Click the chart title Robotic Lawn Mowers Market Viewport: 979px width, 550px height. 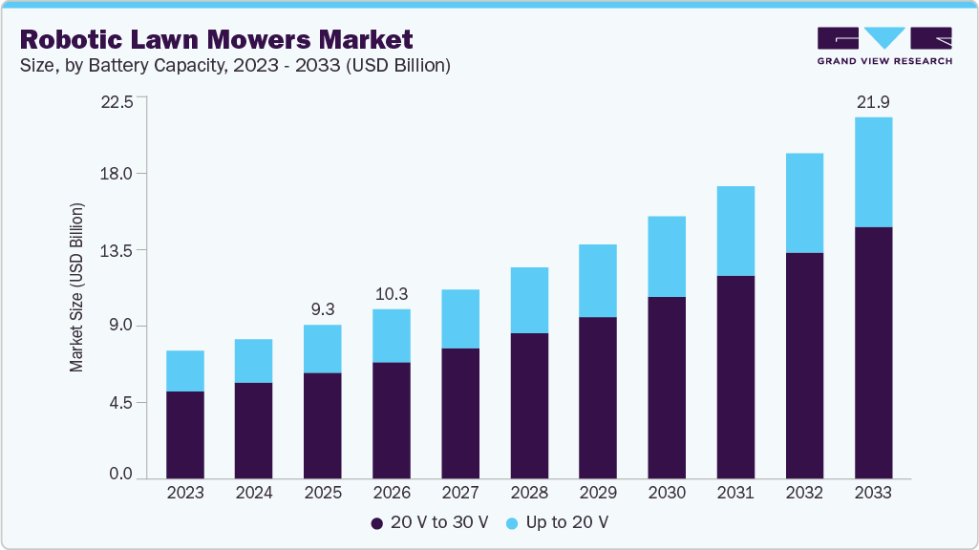[x=216, y=39]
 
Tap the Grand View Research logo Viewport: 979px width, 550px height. [x=884, y=46]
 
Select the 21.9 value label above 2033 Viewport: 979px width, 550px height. [x=873, y=102]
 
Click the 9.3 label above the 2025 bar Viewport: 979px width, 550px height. [x=323, y=309]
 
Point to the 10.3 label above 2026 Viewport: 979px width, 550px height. [x=392, y=294]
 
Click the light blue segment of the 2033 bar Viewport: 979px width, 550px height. [x=873, y=172]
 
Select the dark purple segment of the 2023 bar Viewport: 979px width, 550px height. [x=185, y=434]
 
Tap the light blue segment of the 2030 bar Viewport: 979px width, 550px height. [x=667, y=256]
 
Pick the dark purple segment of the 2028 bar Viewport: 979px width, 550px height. [x=529, y=406]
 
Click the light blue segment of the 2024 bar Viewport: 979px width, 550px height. [x=254, y=361]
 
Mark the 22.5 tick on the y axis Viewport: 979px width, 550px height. [x=121, y=98]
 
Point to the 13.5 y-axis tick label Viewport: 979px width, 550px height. [x=121, y=250]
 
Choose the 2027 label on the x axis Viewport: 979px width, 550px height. [x=460, y=493]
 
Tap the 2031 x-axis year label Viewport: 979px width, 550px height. [x=735, y=493]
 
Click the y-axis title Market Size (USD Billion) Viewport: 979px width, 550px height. [x=76, y=286]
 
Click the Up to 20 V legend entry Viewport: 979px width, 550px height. [x=557, y=522]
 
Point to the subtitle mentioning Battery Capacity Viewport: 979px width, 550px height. [x=235, y=66]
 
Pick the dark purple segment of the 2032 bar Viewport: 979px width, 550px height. [x=804, y=365]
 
